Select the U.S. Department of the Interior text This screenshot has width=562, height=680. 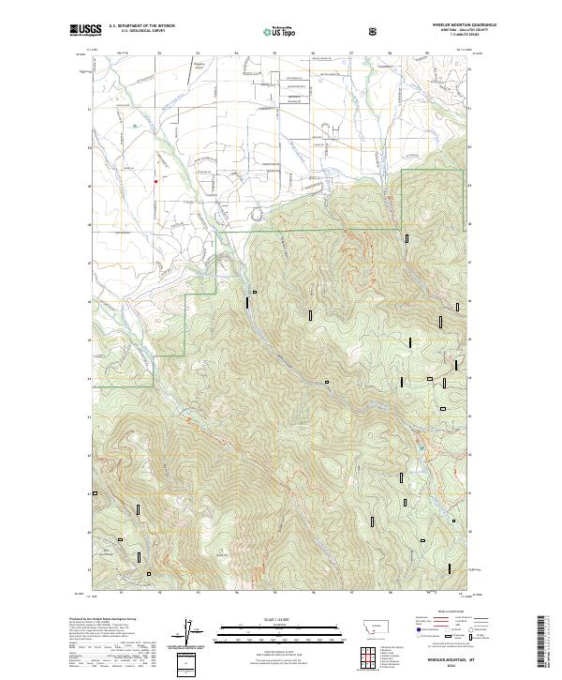pos(141,25)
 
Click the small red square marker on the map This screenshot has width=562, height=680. pos(155,181)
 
